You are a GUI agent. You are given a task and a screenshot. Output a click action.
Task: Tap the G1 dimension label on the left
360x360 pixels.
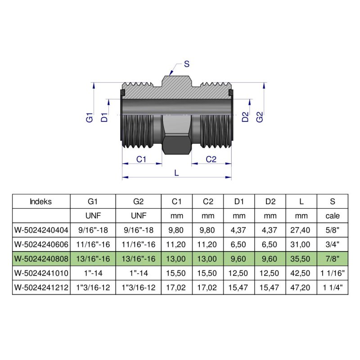click(90, 118)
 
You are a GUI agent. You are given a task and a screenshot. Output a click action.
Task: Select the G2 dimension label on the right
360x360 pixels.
click(259, 117)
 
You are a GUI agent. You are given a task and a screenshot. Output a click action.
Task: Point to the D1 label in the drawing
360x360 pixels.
click(104, 118)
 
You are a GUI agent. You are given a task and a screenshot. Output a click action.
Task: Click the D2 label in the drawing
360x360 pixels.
click(245, 117)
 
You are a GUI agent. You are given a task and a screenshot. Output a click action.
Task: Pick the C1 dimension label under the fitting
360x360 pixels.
click(142, 159)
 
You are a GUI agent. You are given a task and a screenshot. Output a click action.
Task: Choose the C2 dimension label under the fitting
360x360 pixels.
click(211, 159)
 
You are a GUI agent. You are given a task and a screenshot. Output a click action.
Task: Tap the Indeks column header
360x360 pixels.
click(41, 201)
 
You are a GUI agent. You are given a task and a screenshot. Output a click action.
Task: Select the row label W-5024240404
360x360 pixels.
click(41, 230)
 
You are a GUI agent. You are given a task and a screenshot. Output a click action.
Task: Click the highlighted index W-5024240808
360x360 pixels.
click(41, 259)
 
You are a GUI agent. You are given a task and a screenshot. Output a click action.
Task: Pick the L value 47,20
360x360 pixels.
click(301, 288)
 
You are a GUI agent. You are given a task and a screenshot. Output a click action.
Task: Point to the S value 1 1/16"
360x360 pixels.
click(332, 273)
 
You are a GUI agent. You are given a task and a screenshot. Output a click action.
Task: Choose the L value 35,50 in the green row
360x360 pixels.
click(301, 259)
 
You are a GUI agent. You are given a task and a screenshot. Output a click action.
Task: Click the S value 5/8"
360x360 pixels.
click(332, 230)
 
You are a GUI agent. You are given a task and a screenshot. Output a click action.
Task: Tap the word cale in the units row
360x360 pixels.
click(332, 216)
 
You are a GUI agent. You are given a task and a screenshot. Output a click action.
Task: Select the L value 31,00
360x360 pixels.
click(301, 244)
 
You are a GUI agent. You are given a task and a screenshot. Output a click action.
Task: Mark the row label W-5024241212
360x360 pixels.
click(41, 288)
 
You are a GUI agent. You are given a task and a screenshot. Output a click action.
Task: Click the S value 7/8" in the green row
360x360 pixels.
click(332, 259)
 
